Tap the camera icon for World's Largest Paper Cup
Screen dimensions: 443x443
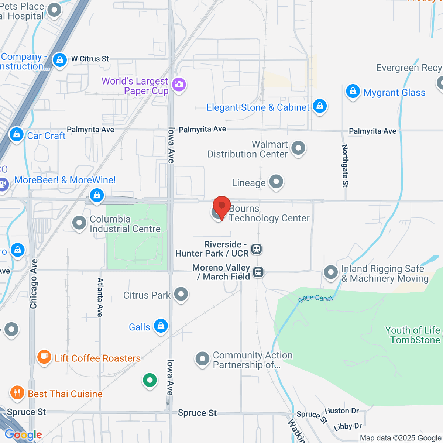tap(179, 85)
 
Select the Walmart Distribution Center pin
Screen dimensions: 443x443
tap(298, 148)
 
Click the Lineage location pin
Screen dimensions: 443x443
tap(276, 181)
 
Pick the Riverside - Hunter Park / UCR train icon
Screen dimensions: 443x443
tap(257, 249)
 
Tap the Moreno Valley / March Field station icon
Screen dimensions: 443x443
tap(258, 272)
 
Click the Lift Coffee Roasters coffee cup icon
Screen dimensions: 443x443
tap(44, 357)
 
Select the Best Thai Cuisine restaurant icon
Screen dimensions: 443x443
tap(17, 392)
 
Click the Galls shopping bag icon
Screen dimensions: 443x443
tap(161, 326)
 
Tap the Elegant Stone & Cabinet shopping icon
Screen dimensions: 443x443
tap(320, 106)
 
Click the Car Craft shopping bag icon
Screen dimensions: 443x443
tap(17, 134)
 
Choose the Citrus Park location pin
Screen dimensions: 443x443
tap(181, 294)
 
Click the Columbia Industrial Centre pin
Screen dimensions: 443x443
tap(79, 223)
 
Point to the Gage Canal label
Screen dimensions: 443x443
tap(315, 298)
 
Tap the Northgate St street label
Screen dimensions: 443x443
tap(345, 166)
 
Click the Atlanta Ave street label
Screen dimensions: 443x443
tap(100, 297)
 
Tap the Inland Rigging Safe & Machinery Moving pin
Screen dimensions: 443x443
tap(331, 272)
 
